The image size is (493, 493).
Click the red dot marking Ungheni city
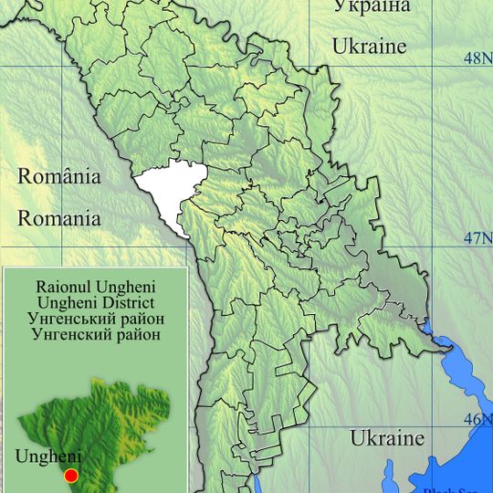coord(71,476)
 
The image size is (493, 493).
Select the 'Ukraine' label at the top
coord(368,46)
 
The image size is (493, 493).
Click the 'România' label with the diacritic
coord(60,177)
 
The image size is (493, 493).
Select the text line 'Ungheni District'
coord(96,302)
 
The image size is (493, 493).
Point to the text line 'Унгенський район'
coord(96,319)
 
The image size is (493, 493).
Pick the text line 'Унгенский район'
coord(96,334)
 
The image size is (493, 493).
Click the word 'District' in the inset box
coord(126,302)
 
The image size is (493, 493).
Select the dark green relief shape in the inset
coord(100,429)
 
